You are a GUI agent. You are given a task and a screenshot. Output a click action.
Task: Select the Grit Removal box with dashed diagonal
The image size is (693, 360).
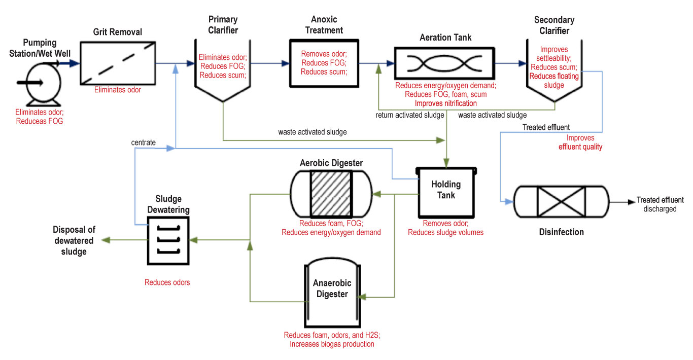pyautogui.click(x=117, y=62)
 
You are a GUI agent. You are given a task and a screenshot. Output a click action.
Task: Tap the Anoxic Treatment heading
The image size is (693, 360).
pyautogui.click(x=327, y=25)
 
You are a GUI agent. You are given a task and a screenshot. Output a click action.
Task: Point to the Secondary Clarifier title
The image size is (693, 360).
pyautogui.click(x=554, y=25)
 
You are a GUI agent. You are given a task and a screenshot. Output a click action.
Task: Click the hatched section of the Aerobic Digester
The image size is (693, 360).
pyautogui.click(x=331, y=193)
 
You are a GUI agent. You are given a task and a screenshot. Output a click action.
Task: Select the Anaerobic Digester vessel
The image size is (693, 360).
pyautogui.click(x=332, y=294)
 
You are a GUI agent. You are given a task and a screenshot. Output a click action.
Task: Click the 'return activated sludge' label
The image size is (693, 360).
pyautogui.click(x=410, y=115)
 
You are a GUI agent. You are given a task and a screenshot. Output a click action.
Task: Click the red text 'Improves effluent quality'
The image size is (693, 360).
pyautogui.click(x=580, y=142)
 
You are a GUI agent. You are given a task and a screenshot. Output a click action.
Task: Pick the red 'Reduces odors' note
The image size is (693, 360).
pyautogui.click(x=167, y=282)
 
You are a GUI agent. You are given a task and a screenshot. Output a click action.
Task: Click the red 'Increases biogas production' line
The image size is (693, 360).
pyautogui.click(x=332, y=344)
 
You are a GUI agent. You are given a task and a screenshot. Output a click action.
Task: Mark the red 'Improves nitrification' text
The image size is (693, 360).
pyautogui.click(x=446, y=103)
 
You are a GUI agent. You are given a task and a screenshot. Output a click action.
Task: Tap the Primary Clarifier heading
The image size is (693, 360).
pyautogui.click(x=223, y=25)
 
